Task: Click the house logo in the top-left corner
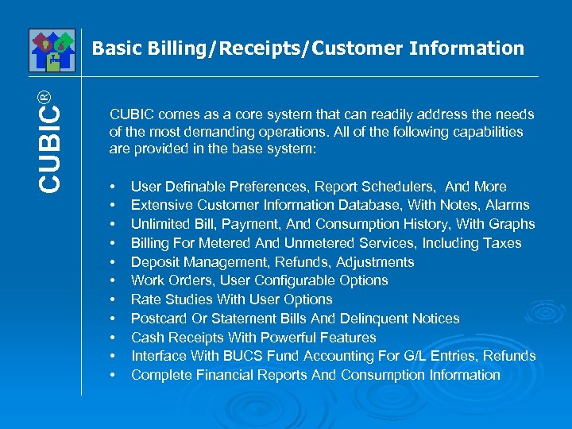52,50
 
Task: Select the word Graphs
512,224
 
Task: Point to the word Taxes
503,243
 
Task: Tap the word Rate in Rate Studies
145,300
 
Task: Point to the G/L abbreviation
427,356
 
